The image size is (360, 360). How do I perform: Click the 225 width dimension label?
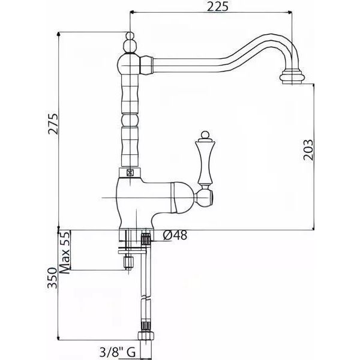[x=218, y=6]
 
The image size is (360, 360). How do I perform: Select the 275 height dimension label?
[x=53, y=124]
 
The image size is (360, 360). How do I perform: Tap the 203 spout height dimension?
[x=308, y=149]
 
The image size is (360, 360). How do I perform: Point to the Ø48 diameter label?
[x=175, y=235]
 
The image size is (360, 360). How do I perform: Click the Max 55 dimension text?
[x=64, y=253]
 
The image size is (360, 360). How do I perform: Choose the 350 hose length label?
[x=52, y=278]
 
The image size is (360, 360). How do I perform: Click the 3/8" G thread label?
[x=118, y=352]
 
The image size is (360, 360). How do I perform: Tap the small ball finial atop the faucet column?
[x=130, y=36]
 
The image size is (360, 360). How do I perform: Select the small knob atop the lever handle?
[x=205, y=135]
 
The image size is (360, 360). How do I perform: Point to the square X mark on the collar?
[x=130, y=173]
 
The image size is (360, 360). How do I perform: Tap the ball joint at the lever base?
[x=203, y=197]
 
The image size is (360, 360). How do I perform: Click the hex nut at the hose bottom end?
[x=146, y=337]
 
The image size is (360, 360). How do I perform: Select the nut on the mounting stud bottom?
[x=128, y=262]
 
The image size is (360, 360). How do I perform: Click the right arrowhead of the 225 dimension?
[x=290, y=12]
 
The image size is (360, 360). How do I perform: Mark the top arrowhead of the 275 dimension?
[x=59, y=34]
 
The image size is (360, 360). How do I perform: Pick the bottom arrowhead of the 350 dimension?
[x=59, y=338]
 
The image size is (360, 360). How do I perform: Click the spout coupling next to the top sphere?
[x=146, y=65]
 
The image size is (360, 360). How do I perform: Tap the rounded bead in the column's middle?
[x=130, y=120]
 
